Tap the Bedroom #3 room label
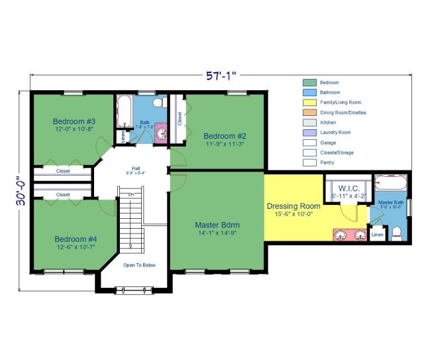(x=74, y=121)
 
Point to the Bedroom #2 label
(x=225, y=137)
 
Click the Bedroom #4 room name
(x=75, y=239)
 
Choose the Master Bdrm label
(x=217, y=225)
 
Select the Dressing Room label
(x=293, y=206)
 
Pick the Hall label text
(x=136, y=168)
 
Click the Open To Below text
(x=139, y=265)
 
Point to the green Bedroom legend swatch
(x=309, y=83)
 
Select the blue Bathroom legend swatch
(x=309, y=93)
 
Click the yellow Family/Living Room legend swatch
(x=309, y=103)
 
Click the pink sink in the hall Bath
(x=161, y=135)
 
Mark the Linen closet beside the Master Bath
(x=377, y=235)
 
